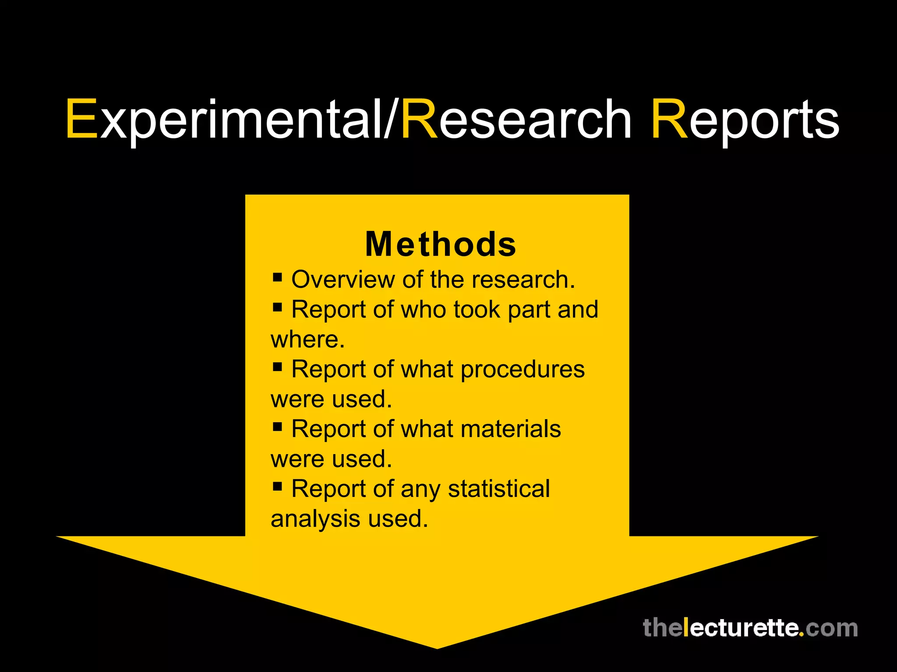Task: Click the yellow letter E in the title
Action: (x=81, y=119)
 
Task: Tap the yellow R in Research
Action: (x=419, y=119)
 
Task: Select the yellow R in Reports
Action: (x=669, y=119)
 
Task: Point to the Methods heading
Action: (x=441, y=244)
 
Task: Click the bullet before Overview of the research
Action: (x=277, y=277)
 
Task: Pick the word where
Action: (x=307, y=339)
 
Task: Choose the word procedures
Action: (x=523, y=370)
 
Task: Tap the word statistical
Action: (x=499, y=489)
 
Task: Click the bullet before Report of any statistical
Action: (x=277, y=486)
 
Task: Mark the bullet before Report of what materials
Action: (x=277, y=426)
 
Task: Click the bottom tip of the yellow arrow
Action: (x=437, y=647)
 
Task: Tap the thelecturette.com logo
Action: (x=750, y=628)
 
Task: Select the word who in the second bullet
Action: (x=423, y=309)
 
